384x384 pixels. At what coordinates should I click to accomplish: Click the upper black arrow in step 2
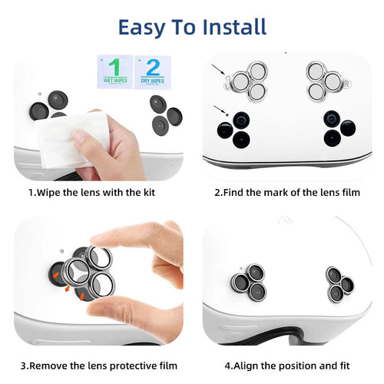click(x=223, y=72)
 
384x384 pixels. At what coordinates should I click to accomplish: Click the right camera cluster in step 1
click(x=166, y=113)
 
